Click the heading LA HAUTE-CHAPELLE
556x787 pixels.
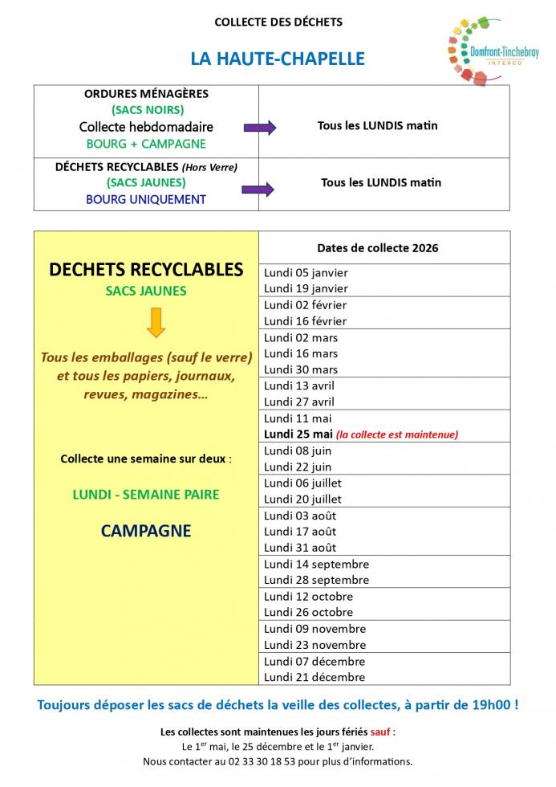[x=278, y=59]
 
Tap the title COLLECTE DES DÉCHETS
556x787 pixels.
[x=278, y=22]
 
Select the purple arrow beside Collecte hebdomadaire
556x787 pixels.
[x=259, y=127]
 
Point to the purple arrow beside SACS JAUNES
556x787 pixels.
[x=258, y=190]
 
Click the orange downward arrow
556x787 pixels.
[x=156, y=322]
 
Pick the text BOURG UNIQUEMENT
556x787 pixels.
[x=146, y=199]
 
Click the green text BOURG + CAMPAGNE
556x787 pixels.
[x=146, y=144]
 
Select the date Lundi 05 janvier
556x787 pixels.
[x=306, y=272]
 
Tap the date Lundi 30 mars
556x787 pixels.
[x=301, y=369]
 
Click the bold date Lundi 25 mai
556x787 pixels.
[x=298, y=434]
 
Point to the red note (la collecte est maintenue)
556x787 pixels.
[x=397, y=434]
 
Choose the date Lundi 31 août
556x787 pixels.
[x=300, y=548]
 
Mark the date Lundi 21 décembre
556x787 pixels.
[x=315, y=677]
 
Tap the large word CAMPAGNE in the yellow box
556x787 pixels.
[x=146, y=531]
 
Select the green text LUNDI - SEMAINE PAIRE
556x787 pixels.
[x=146, y=495]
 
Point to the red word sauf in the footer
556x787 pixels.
[x=380, y=732]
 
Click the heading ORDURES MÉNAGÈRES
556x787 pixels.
[x=146, y=94]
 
